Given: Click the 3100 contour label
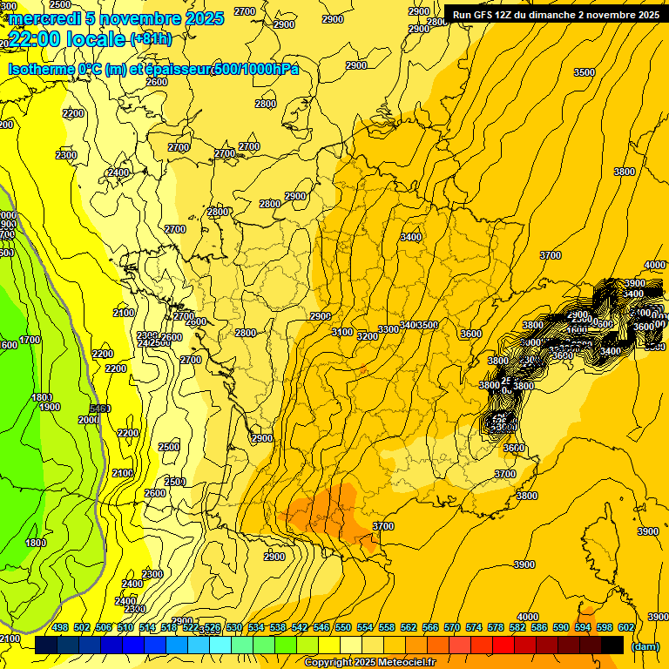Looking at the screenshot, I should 342,332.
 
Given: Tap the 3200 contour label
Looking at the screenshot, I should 368,335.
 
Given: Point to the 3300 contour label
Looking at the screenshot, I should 389,329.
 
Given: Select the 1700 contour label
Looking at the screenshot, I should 30,340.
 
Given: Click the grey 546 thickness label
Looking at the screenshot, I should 99,408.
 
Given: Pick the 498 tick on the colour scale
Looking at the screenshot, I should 60,627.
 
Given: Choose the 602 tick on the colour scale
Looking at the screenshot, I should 625,627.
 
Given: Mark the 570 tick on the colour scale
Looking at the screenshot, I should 451,627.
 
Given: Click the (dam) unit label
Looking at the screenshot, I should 645,646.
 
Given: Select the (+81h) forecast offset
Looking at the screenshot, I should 151,39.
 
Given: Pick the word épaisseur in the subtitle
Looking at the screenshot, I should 174,69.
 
